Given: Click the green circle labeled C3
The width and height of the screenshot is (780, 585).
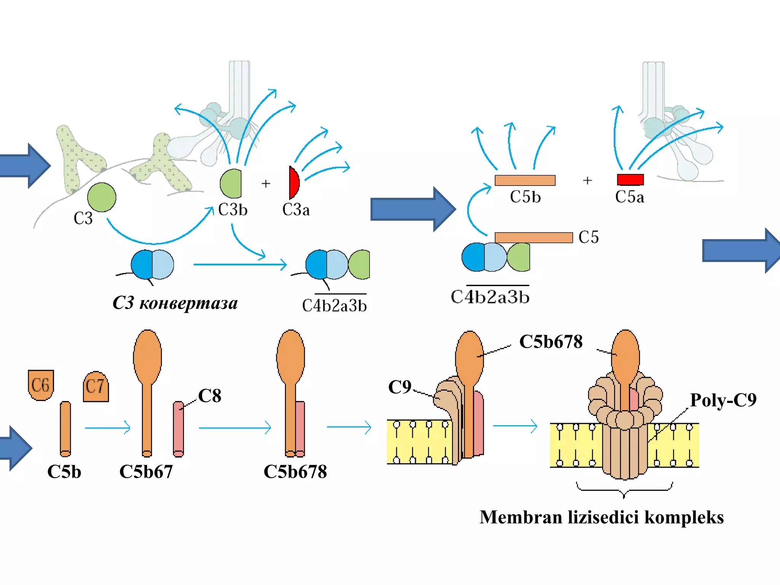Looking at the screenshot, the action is [x=102, y=197].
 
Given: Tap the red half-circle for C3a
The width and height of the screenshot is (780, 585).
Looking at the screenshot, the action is [x=294, y=182].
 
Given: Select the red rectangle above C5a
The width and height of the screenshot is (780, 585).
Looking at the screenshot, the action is [x=630, y=179].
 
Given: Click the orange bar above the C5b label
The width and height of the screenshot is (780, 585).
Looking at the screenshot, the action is [x=525, y=180].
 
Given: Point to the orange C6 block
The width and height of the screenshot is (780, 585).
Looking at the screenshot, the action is [x=41, y=385].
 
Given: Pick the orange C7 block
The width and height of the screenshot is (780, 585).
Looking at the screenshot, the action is [x=96, y=386].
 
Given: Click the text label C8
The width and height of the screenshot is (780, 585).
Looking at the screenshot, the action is [x=209, y=396].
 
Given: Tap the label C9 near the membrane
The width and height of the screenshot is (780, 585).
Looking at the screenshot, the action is [x=400, y=387].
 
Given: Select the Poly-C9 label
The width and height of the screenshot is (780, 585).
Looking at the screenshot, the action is [x=723, y=400].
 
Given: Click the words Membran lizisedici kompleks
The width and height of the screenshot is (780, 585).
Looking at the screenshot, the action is [x=601, y=517].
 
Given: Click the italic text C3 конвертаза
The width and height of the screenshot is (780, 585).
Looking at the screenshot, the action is [x=175, y=303].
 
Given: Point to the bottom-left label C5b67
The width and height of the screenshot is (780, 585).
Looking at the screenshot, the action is [x=146, y=472].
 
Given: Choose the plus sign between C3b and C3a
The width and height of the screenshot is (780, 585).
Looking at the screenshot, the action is [x=266, y=184].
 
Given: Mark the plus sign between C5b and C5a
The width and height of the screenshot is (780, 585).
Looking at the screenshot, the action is [x=587, y=180].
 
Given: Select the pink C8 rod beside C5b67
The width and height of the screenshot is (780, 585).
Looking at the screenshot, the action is [x=178, y=429].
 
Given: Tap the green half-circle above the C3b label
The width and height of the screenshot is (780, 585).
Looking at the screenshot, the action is [x=231, y=184].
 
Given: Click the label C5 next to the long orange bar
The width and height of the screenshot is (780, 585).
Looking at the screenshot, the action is [x=588, y=237].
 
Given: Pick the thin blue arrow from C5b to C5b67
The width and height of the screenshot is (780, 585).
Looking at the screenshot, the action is [x=107, y=428].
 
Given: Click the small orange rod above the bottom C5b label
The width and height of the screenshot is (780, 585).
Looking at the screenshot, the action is [x=66, y=429].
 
